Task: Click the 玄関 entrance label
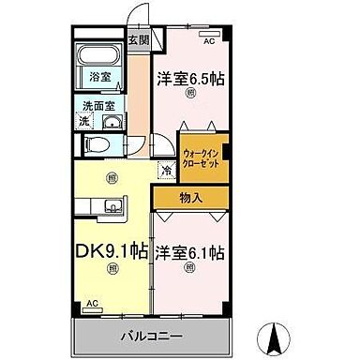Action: point(138,40)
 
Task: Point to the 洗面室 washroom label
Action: point(97,106)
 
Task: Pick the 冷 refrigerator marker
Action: point(167,171)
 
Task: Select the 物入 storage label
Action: point(189,197)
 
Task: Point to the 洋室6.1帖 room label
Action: point(190,251)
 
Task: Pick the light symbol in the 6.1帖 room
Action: point(190,268)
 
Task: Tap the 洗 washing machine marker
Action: point(84,122)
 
